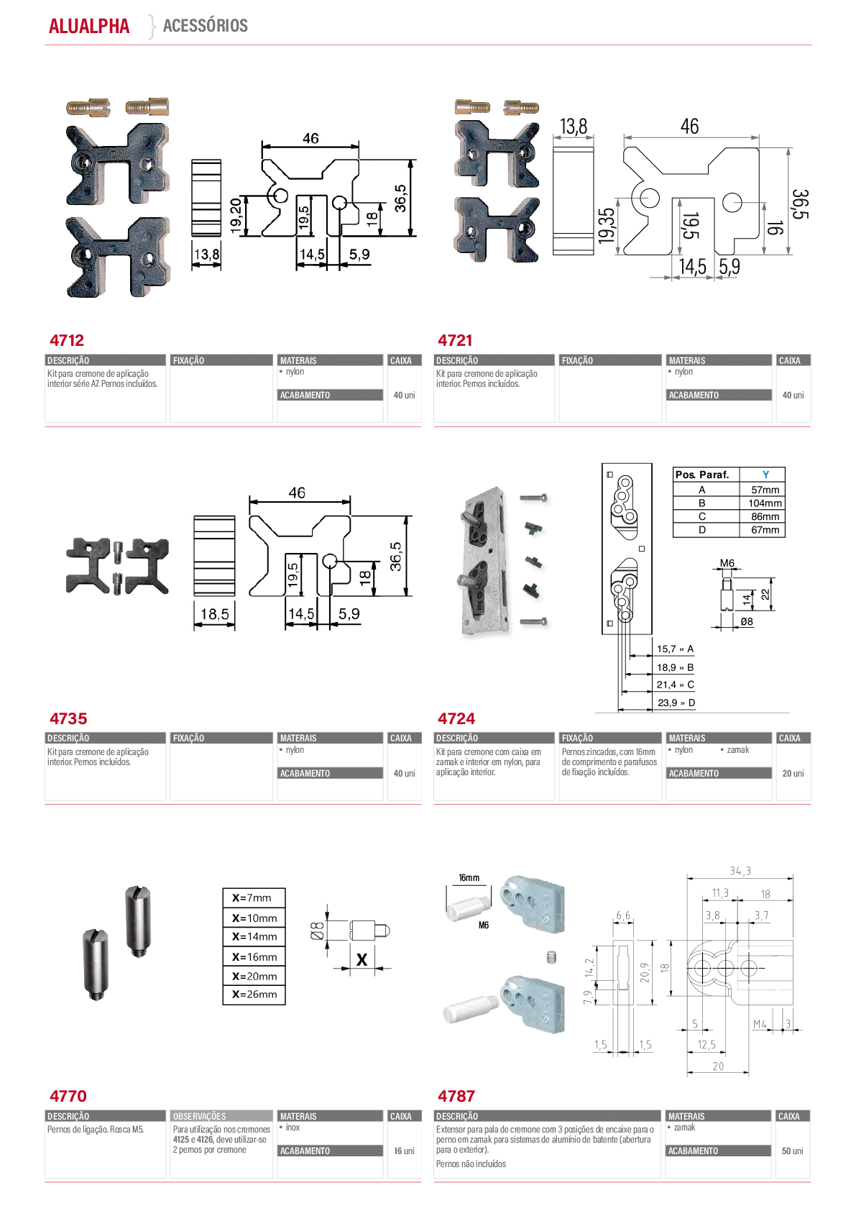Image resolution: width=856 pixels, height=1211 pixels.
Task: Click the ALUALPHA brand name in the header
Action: pyautogui.click(x=89, y=26)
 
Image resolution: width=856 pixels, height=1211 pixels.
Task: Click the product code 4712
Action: pyautogui.click(x=67, y=340)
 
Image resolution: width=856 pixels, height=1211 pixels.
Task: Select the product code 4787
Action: pyautogui.click(x=456, y=1096)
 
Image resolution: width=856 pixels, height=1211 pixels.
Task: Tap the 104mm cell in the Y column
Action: pyautogui.click(x=765, y=503)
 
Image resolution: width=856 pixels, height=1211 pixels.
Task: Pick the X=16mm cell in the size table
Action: pyautogui.click(x=254, y=957)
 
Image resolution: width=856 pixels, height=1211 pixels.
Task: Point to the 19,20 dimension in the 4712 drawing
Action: pyautogui.click(x=236, y=216)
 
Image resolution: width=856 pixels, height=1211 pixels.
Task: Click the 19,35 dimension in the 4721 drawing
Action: pyautogui.click(x=607, y=225)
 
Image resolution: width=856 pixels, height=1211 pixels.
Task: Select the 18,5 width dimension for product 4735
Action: pyautogui.click(x=215, y=613)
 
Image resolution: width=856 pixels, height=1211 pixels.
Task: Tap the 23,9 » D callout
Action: pyautogui.click(x=676, y=703)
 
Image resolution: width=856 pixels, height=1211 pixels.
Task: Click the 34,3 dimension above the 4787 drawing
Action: pyautogui.click(x=740, y=871)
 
